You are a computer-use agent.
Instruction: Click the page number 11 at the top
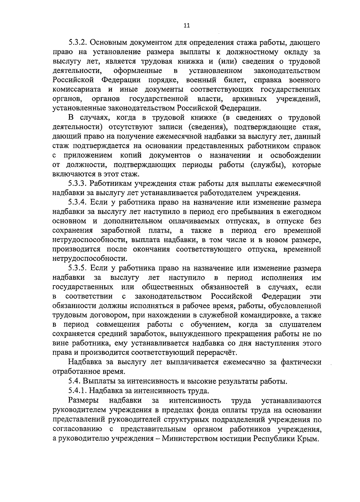[x=186, y=26]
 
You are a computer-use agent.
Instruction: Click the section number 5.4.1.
[x=78, y=391]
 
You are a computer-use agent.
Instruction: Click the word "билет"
[x=236, y=80]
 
